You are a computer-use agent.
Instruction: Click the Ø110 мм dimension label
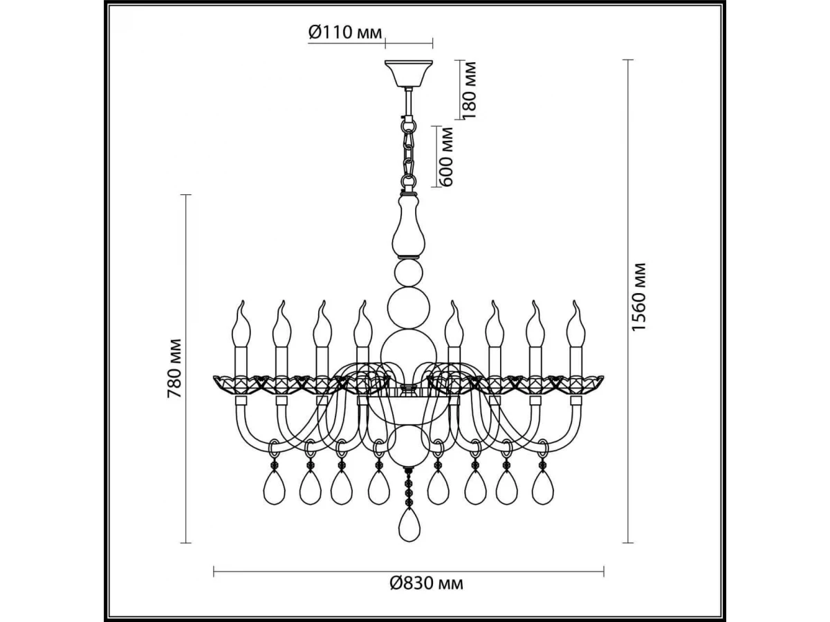point(345,33)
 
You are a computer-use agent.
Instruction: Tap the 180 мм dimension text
point(469,91)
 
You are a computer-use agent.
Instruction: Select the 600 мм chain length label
point(446,157)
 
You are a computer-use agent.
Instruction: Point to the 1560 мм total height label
point(639,296)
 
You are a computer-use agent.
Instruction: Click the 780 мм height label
point(175,368)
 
